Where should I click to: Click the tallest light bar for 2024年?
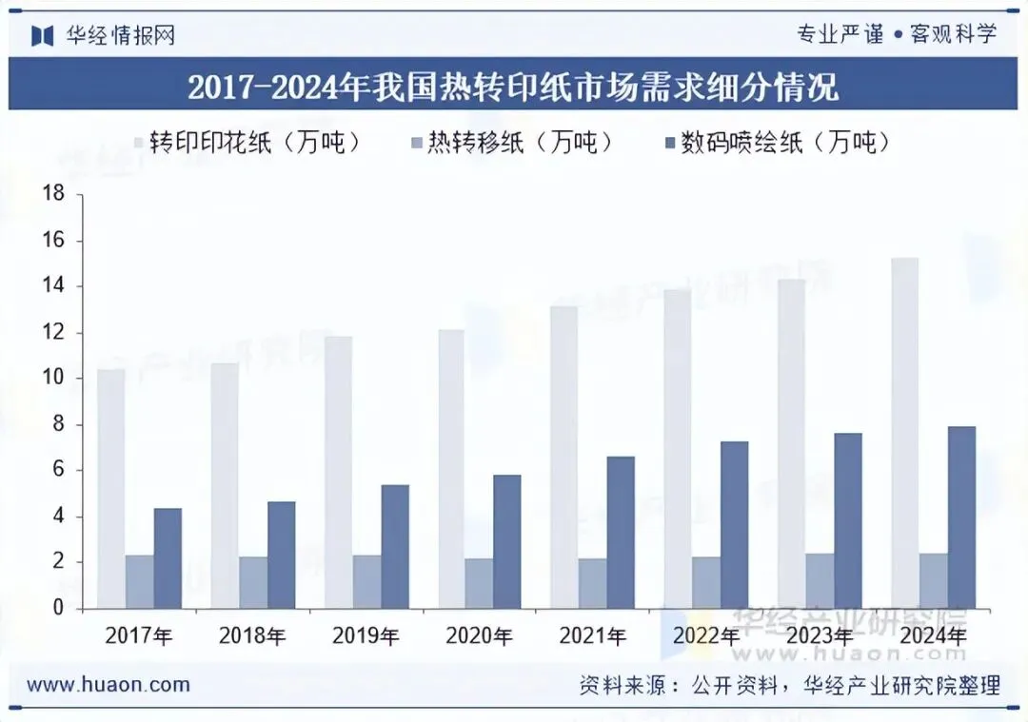click(x=905, y=433)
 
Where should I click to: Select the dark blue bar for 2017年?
click(x=168, y=559)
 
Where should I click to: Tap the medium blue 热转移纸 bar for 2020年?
click(x=479, y=584)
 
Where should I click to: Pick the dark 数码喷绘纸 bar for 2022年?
click(x=734, y=525)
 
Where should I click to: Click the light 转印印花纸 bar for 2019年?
click(x=338, y=473)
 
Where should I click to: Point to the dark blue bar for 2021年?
click(x=621, y=533)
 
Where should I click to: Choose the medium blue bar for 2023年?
click(x=820, y=581)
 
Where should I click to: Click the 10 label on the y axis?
click(x=53, y=378)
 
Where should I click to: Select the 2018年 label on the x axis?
click(x=252, y=635)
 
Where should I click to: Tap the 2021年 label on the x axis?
click(x=593, y=635)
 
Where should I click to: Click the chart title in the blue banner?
click(x=513, y=86)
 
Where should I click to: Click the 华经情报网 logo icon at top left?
click(x=43, y=35)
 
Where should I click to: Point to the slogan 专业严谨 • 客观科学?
click(x=897, y=34)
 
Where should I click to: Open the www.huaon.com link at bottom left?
click(x=109, y=685)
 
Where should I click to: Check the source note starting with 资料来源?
click(x=790, y=685)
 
